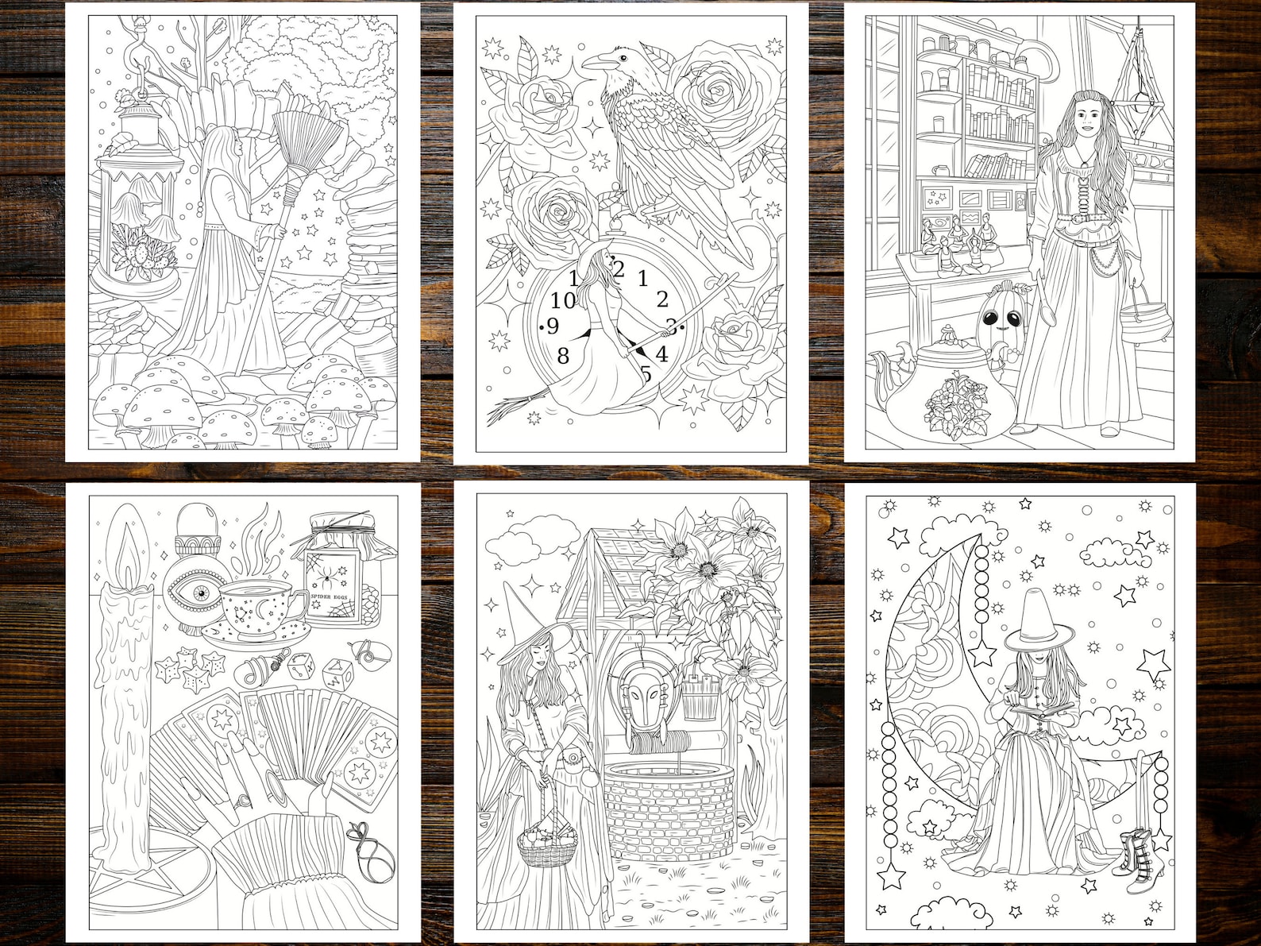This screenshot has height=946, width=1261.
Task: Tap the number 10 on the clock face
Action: (563, 300)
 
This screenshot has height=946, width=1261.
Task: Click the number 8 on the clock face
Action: (563, 356)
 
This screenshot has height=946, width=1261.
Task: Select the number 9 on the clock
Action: (552, 326)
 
